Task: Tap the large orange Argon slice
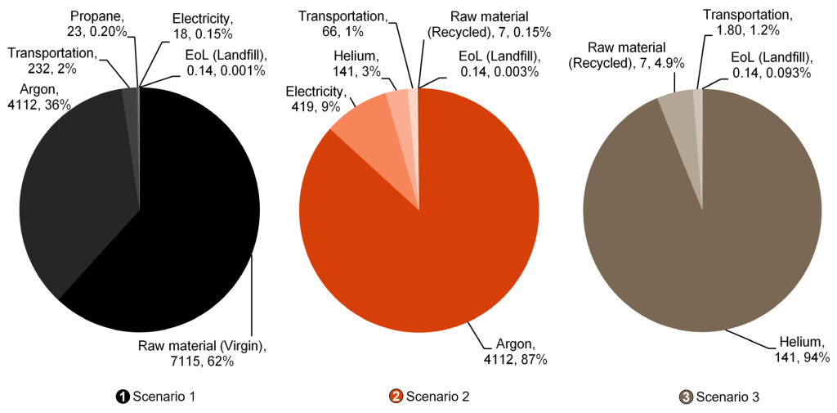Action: (x=433, y=237)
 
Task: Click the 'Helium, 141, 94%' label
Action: (x=802, y=349)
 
